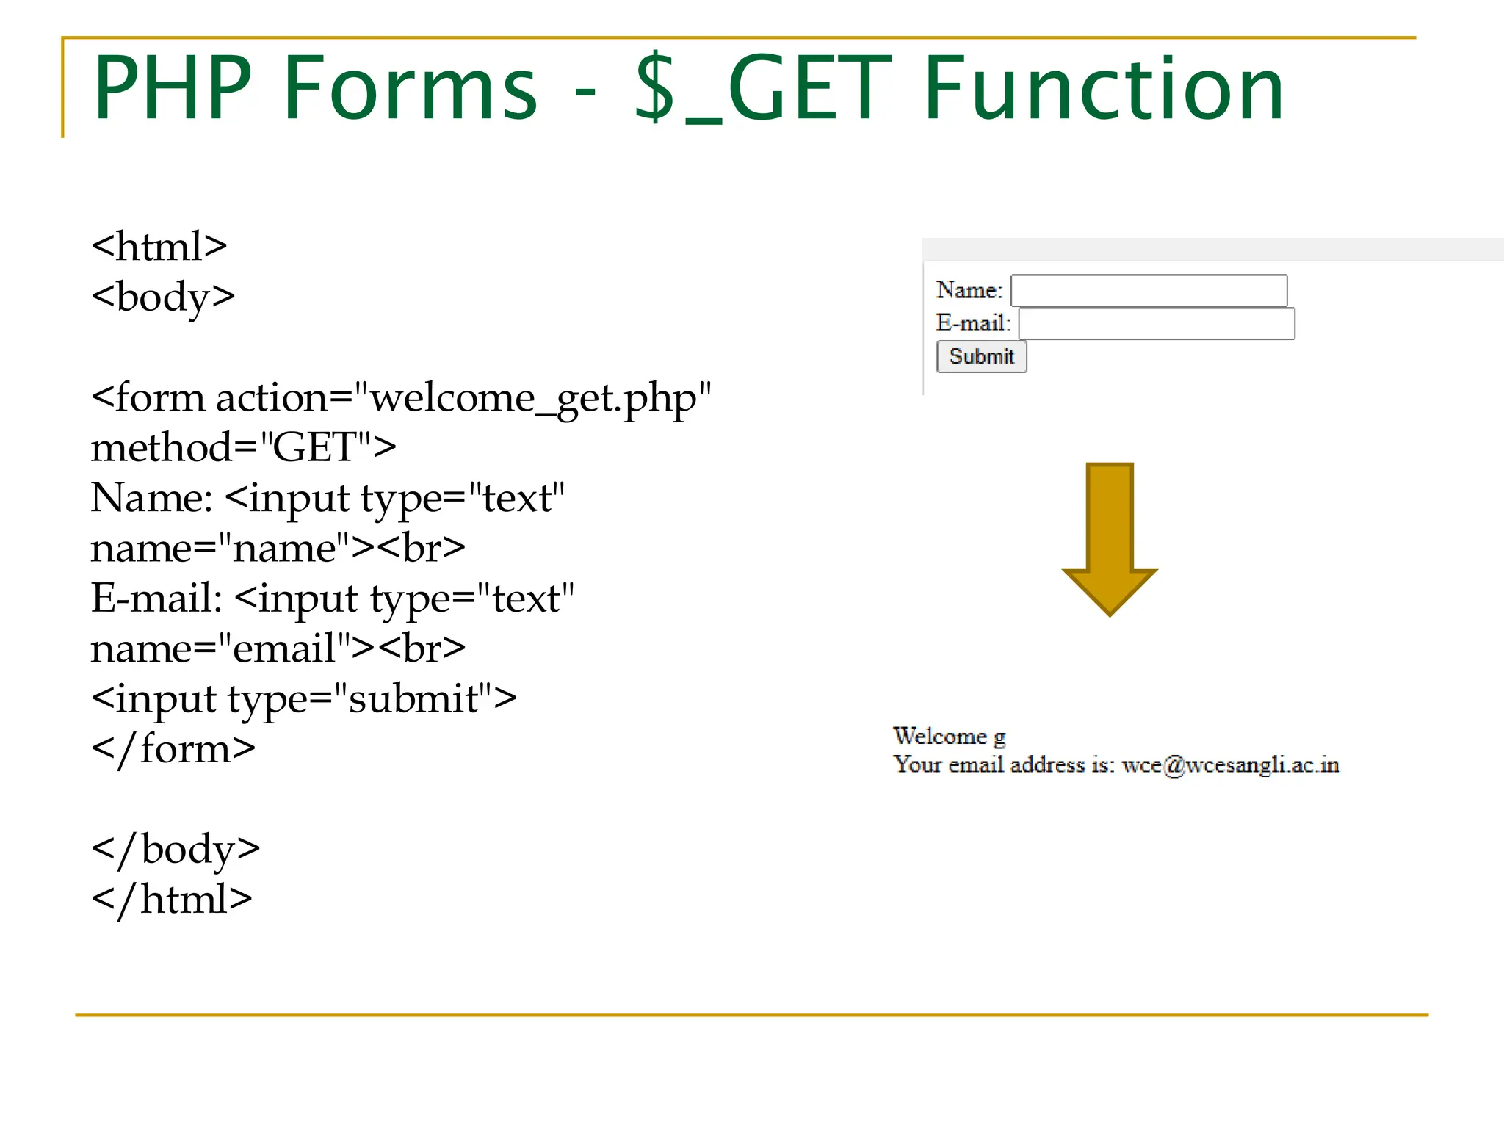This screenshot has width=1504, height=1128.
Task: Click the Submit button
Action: [981, 357]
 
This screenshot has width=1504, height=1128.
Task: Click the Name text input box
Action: [1149, 291]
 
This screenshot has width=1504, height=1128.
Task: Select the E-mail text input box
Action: [1157, 324]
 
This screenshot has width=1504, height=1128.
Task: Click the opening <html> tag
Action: [159, 247]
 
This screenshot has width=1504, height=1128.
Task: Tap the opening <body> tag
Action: [163, 297]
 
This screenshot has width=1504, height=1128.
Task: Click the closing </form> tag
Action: [173, 749]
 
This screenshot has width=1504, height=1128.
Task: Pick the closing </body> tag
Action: [176, 850]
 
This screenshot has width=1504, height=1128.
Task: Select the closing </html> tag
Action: [172, 900]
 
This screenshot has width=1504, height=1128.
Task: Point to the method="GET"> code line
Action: [243, 447]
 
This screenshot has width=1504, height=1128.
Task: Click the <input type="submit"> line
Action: [304, 698]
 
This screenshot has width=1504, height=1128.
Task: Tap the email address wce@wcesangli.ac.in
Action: [1231, 765]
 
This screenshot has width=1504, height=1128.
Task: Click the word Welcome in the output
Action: [940, 736]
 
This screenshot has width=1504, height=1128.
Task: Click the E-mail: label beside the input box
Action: [973, 323]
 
